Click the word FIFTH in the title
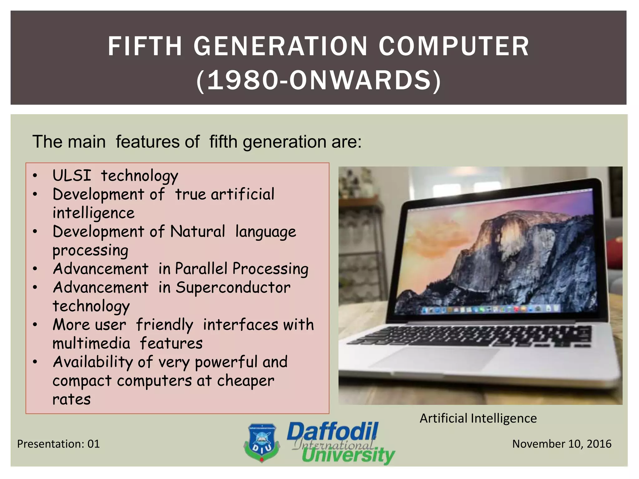tap(144, 46)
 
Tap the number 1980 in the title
tap(242, 80)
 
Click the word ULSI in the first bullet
tap(72, 175)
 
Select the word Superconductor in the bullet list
tap(233, 287)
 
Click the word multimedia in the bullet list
tap(91, 343)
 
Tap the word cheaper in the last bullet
tap(246, 380)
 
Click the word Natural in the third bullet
tap(198, 231)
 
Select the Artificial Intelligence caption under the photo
tap(478, 418)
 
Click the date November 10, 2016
tap(562, 444)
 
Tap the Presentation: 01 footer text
tap(58, 444)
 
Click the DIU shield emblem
tap(261, 442)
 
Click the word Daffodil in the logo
tap(332, 432)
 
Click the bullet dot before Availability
tap(35, 362)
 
